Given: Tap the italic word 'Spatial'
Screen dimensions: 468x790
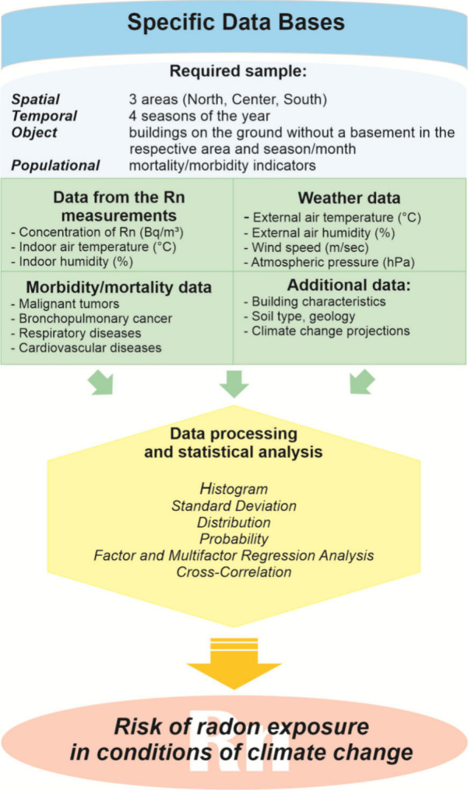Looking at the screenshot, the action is click(x=35, y=100).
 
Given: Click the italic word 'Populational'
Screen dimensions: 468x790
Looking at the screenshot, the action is click(x=55, y=165).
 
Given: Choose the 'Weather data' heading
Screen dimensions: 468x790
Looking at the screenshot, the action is click(x=349, y=199).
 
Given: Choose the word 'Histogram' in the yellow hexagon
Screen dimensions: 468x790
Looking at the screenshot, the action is click(x=234, y=489).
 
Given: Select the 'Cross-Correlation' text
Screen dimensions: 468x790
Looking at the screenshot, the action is click(x=234, y=572).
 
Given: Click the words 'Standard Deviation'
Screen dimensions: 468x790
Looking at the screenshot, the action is click(x=234, y=505).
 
